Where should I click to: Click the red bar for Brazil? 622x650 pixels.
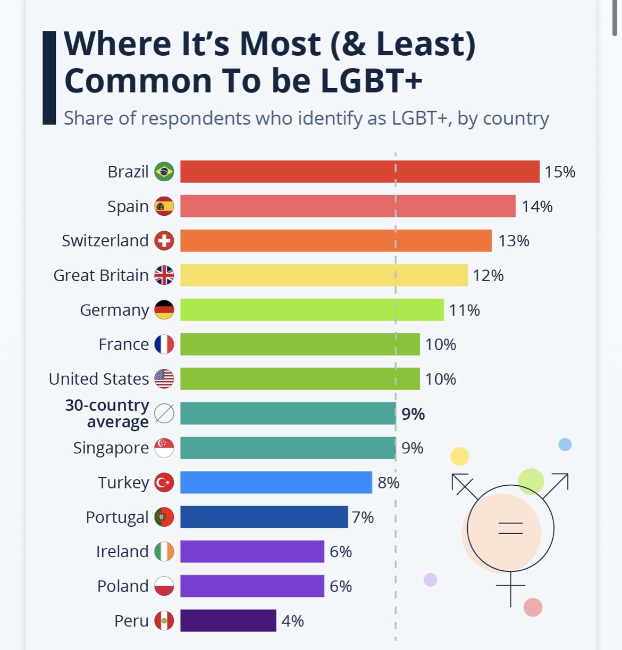coord(359,172)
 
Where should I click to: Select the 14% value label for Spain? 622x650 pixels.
coord(537,206)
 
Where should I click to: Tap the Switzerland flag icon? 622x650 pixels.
coord(164,241)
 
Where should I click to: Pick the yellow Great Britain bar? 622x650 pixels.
coord(324,275)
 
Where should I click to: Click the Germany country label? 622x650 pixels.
coord(114,310)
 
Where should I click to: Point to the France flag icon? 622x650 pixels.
coord(164,344)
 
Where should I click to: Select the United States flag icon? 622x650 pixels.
coord(164,379)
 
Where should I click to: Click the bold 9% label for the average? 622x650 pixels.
coord(413,414)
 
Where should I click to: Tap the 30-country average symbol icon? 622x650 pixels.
coord(164,413)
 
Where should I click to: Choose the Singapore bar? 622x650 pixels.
coord(288,448)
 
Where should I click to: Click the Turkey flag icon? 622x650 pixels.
coord(164,483)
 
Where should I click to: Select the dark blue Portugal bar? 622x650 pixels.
coord(264,517)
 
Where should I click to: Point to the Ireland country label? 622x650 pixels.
coord(122,552)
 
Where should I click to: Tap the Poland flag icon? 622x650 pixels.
coord(164,586)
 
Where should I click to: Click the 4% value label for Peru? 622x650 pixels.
coord(292,621)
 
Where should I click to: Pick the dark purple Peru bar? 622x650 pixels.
coord(228,621)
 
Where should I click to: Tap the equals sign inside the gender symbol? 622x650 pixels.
coord(510,528)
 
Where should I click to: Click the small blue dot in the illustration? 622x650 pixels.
coord(565,444)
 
